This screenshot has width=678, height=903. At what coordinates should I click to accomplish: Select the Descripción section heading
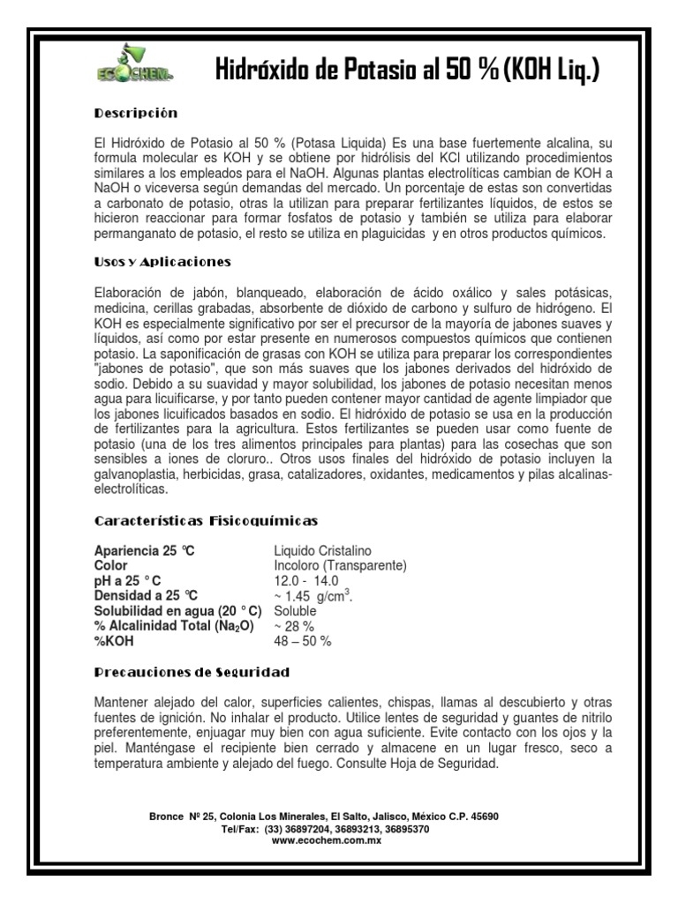pyautogui.click(x=136, y=113)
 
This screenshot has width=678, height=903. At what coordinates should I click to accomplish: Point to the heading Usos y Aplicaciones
pyautogui.click(x=162, y=261)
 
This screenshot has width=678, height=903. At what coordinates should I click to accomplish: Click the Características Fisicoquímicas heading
pyautogui.click(x=206, y=521)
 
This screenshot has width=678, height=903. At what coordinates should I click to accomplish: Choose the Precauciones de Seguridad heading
pyautogui.click(x=192, y=673)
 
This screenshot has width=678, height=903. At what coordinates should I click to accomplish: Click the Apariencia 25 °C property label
pyautogui.click(x=145, y=551)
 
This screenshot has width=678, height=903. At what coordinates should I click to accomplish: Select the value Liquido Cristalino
pyautogui.click(x=323, y=551)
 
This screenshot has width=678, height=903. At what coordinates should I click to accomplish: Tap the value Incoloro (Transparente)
pyautogui.click(x=340, y=565)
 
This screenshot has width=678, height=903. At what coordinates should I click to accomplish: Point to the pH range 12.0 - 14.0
pyautogui.click(x=306, y=580)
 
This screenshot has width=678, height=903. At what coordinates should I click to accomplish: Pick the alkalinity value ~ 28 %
pyautogui.click(x=295, y=625)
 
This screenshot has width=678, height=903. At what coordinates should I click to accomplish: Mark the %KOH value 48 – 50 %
pyautogui.click(x=303, y=640)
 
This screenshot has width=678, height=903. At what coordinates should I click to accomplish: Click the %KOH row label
pyautogui.click(x=112, y=640)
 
